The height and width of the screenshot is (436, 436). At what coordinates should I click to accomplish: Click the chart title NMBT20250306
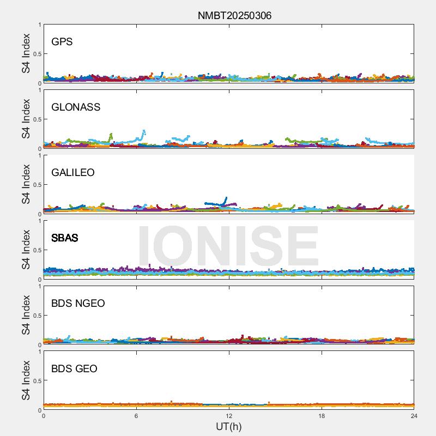click(234, 16)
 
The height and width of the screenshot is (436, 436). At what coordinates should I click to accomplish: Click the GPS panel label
click(62, 42)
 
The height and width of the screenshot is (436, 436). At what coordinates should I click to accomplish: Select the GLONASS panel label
click(76, 107)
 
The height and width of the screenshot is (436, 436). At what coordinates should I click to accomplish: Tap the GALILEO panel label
click(73, 173)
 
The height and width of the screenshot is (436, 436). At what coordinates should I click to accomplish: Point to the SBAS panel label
click(65, 238)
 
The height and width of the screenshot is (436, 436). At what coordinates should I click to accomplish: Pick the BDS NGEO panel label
click(78, 304)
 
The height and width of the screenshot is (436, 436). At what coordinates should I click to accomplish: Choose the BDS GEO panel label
click(74, 369)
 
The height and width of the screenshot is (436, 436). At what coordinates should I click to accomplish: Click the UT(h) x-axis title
click(229, 426)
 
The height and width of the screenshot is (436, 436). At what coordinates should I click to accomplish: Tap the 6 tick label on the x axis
click(136, 416)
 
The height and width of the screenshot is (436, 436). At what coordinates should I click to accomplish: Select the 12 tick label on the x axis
click(229, 416)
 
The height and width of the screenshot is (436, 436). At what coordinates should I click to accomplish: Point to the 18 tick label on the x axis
click(322, 416)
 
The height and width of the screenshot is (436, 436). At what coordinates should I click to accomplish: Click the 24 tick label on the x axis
click(414, 416)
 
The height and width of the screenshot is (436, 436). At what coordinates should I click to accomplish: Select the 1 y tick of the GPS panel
click(39, 25)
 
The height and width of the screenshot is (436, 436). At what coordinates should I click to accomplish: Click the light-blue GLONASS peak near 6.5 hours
click(144, 131)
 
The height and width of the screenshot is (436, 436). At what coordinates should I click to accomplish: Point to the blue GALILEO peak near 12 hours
click(226, 198)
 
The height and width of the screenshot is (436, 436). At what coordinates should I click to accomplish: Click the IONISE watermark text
click(228, 246)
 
